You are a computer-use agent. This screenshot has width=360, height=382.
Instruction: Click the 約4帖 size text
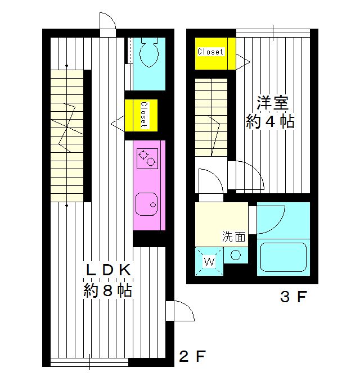pos(271,122)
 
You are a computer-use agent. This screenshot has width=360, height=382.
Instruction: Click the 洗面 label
pos(234,237)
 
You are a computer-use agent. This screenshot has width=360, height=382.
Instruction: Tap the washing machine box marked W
pos(209,261)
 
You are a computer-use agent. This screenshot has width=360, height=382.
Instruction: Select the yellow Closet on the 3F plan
pos(210,52)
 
